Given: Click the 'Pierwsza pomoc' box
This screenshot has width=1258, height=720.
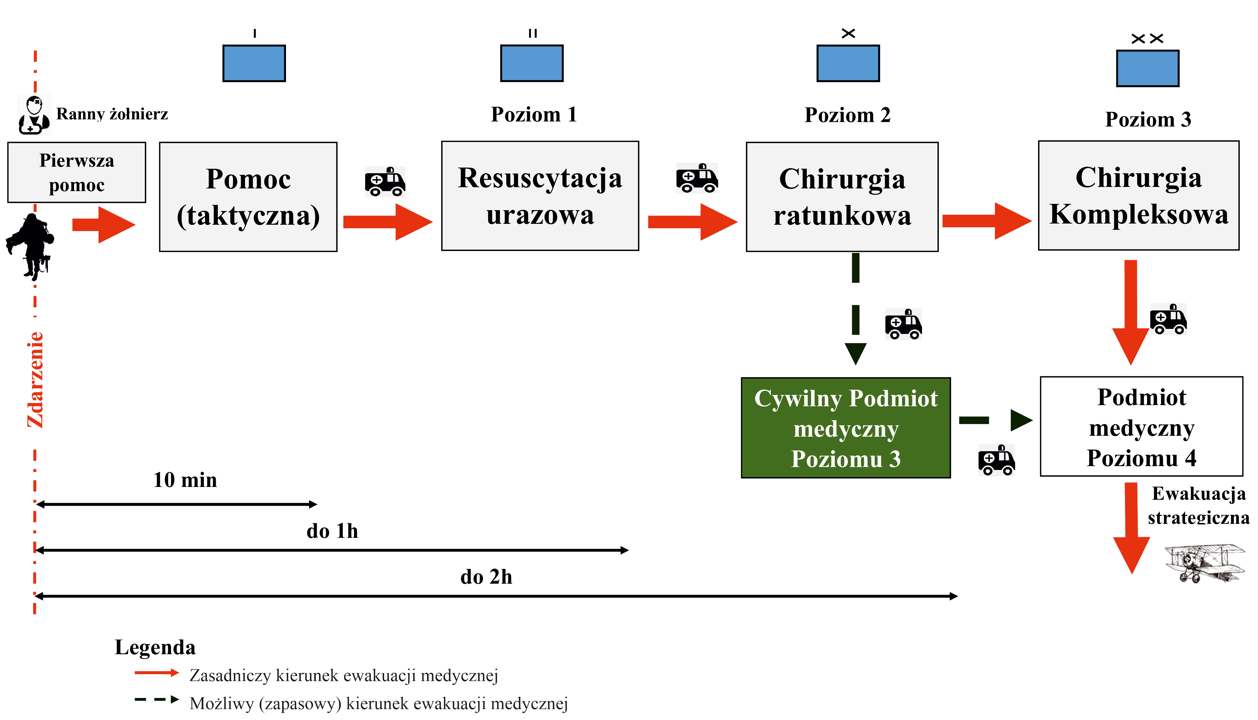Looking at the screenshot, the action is tap(76, 172).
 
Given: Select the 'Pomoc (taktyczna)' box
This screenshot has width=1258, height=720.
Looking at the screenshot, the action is tap(248, 197).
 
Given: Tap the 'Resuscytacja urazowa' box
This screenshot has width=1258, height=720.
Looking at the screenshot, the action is tap(540, 196).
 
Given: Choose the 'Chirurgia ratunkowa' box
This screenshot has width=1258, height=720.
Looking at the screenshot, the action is tap(842, 197).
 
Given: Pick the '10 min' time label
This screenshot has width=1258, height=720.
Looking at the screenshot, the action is tap(185, 480).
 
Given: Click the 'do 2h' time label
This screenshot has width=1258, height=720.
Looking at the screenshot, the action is tap(486, 577).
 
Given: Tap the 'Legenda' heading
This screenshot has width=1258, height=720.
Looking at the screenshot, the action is tap(155, 647).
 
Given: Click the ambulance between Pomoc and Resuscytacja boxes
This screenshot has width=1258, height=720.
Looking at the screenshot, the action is tap(385, 182).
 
